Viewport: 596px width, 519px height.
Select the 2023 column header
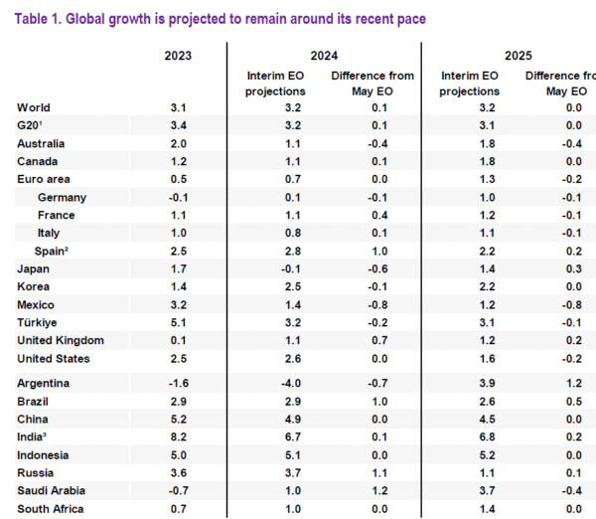[179, 55]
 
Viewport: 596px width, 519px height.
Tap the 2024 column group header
[325, 55]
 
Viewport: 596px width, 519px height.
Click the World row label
[34, 107]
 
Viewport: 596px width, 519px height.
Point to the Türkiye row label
[37, 322]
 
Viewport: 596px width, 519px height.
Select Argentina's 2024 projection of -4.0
[279, 384]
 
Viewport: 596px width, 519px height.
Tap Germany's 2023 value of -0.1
[177, 197]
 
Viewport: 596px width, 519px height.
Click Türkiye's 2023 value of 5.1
[179, 322]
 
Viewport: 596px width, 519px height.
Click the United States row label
[54, 358]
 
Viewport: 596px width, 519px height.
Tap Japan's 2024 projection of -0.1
[279, 268]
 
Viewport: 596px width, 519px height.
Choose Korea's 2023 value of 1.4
[179, 286]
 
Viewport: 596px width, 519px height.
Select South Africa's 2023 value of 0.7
[179, 509]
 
